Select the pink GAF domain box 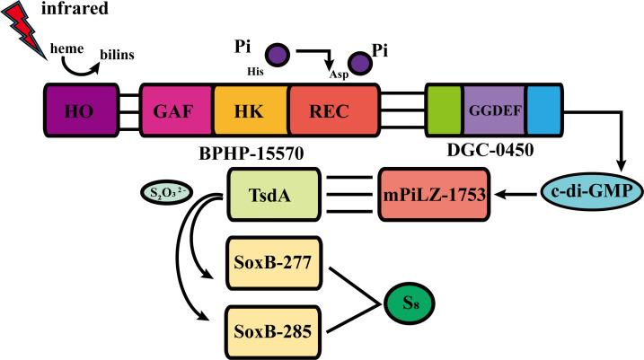(x=177, y=112)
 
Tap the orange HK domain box (x=251, y=112)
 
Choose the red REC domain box (x=333, y=112)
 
